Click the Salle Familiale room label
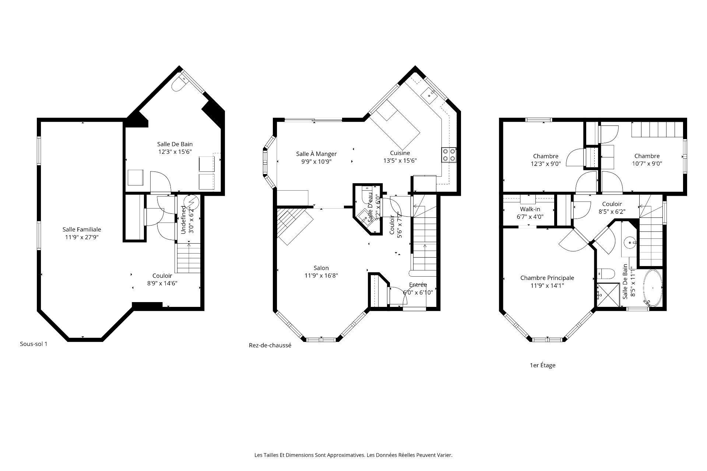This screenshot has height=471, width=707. click(82, 229)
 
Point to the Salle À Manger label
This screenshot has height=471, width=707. click(316, 154)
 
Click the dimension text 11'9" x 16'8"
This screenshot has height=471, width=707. click(321, 275)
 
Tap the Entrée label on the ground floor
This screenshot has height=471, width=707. click(418, 284)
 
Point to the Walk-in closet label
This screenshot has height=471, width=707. click(530, 209)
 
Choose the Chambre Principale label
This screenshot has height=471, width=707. click(547, 278)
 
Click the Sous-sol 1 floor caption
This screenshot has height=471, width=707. click(34, 344)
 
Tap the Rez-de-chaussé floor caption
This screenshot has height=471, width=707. click(270, 346)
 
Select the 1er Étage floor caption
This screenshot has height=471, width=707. click(542, 365)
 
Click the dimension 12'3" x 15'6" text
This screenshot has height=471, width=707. click(175, 151)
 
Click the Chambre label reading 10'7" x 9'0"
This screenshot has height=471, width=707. click(647, 156)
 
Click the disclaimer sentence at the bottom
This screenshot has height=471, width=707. click(353, 455)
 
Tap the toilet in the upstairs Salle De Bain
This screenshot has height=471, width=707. click(606, 274)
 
